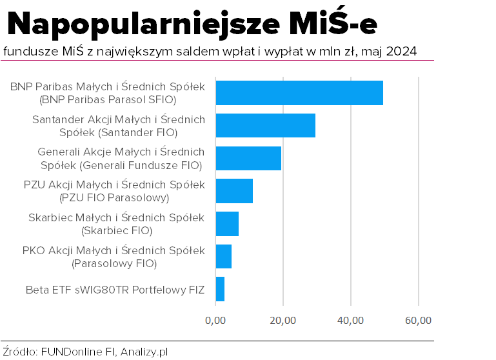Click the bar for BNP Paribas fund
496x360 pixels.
[299, 93]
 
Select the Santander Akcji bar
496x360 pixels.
[265, 125]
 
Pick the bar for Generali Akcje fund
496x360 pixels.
[248, 158]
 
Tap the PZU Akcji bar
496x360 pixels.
[234, 191]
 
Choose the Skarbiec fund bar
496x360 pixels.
[227, 224]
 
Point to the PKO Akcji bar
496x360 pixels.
[223, 256]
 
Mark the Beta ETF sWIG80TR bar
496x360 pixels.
[220, 289]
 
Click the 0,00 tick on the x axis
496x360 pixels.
[215, 320]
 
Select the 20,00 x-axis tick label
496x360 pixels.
[283, 320]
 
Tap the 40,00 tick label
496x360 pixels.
[350, 320]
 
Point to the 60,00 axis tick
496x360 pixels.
[418, 320]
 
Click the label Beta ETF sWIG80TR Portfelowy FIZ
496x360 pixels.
[115, 290]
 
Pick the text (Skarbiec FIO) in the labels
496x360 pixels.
[117, 230]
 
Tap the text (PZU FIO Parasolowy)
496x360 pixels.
[114, 197]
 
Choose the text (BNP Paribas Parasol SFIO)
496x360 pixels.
[108, 100]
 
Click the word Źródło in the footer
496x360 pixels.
[19, 352]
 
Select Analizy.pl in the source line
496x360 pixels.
[144, 352]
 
